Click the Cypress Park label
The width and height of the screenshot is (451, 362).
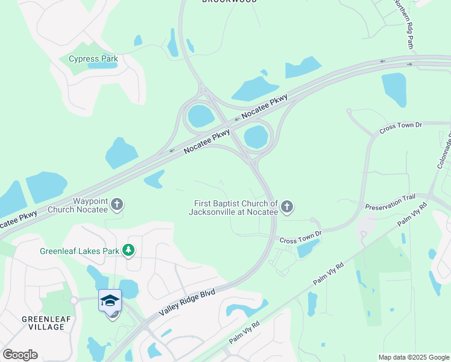pos(93,59)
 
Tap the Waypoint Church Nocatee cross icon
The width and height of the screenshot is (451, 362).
pos(118,205)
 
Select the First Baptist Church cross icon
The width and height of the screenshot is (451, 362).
pos(287,208)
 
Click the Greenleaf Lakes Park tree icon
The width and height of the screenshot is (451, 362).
pos(128,250)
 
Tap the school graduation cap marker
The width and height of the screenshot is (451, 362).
pos(110,300)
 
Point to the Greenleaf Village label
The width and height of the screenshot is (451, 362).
pos(43,323)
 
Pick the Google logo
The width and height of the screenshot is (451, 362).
pos(20,355)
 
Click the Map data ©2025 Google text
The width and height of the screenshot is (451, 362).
pos(414,357)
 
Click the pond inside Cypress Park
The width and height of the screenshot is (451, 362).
pos(102,65)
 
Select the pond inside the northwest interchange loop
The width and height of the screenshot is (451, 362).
pos(200,115)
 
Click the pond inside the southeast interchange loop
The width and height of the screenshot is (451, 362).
pos(256,137)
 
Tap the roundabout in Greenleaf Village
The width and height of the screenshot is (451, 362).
pos(74,300)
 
